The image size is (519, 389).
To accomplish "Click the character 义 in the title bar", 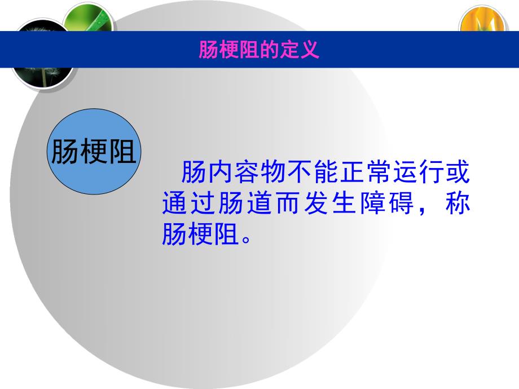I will point(312,50).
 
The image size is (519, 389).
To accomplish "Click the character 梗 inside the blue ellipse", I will point(94,152).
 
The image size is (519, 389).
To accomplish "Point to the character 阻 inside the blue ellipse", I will point(121,152).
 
